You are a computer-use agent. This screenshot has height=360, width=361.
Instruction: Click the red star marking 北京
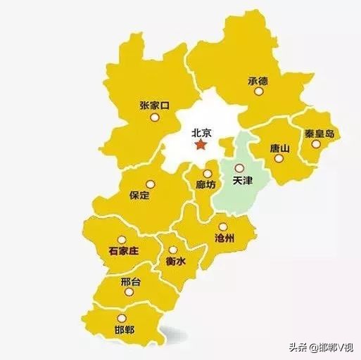point(201,145)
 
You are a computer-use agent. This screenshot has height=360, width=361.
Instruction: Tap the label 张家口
point(155,105)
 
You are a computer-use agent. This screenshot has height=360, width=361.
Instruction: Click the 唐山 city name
point(279,148)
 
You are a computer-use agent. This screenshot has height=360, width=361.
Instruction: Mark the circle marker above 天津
point(240,169)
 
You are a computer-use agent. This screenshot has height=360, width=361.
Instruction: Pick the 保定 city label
point(140,195)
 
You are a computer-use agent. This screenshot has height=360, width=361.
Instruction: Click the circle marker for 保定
point(149,184)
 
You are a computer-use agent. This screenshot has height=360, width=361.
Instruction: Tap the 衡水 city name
point(175,261)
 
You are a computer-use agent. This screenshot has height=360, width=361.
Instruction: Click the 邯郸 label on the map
point(123,330)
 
